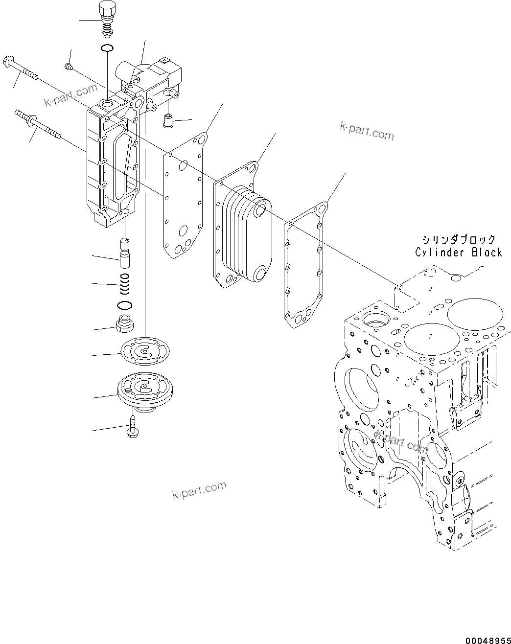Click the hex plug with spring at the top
[107, 17]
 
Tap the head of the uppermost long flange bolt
[10, 61]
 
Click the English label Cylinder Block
[459, 253]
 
